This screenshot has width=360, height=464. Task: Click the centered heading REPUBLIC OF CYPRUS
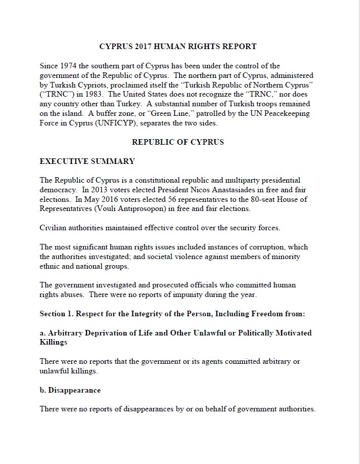point(178,142)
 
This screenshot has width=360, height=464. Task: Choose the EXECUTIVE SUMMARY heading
point(87,162)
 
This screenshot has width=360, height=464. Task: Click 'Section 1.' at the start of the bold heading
point(56,314)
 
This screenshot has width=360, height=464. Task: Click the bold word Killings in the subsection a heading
point(53,343)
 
